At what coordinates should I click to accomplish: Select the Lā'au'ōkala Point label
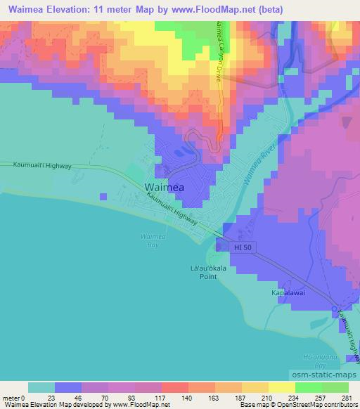click(x=202, y=272)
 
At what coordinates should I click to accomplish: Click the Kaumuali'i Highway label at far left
click(x=42, y=164)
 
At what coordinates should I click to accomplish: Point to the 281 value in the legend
click(x=347, y=397)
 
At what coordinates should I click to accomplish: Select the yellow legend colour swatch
click(x=281, y=387)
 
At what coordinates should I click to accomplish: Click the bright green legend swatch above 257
click(x=309, y=387)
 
